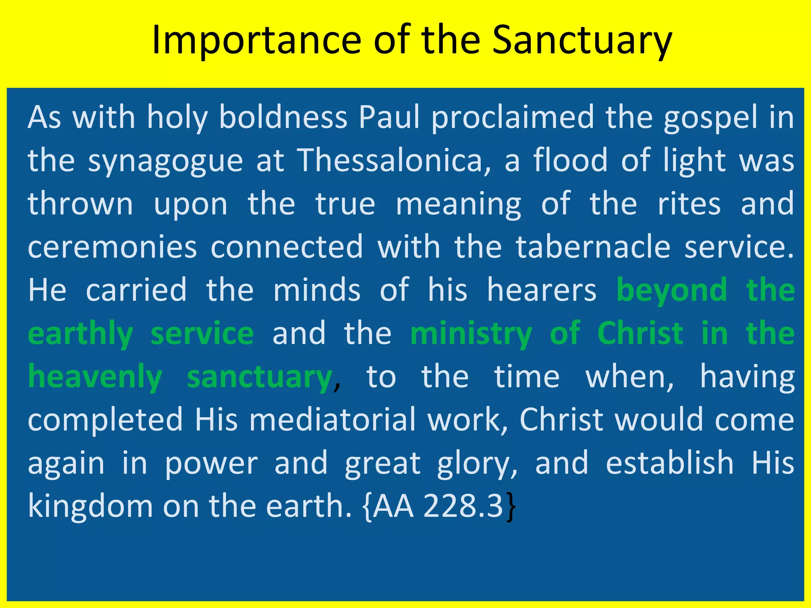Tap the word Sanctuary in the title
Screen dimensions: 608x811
point(582,40)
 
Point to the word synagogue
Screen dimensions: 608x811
point(165,161)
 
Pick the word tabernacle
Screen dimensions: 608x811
point(593,247)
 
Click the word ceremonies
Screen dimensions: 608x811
point(112,247)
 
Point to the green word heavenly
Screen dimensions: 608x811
point(95,377)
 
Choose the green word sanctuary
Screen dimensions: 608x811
point(260,377)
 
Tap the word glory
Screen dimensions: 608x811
point(477,464)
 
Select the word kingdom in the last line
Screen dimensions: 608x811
point(90,506)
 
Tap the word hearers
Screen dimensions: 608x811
point(541,290)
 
